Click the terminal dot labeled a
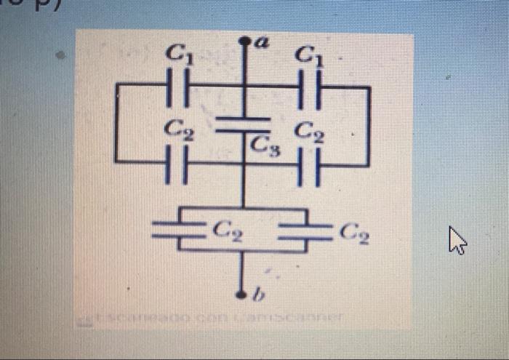(x=244, y=44)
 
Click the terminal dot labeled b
(x=244, y=295)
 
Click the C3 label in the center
(x=261, y=145)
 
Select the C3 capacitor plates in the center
(x=244, y=124)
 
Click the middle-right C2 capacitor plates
(x=308, y=164)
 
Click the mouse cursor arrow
(x=457, y=239)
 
